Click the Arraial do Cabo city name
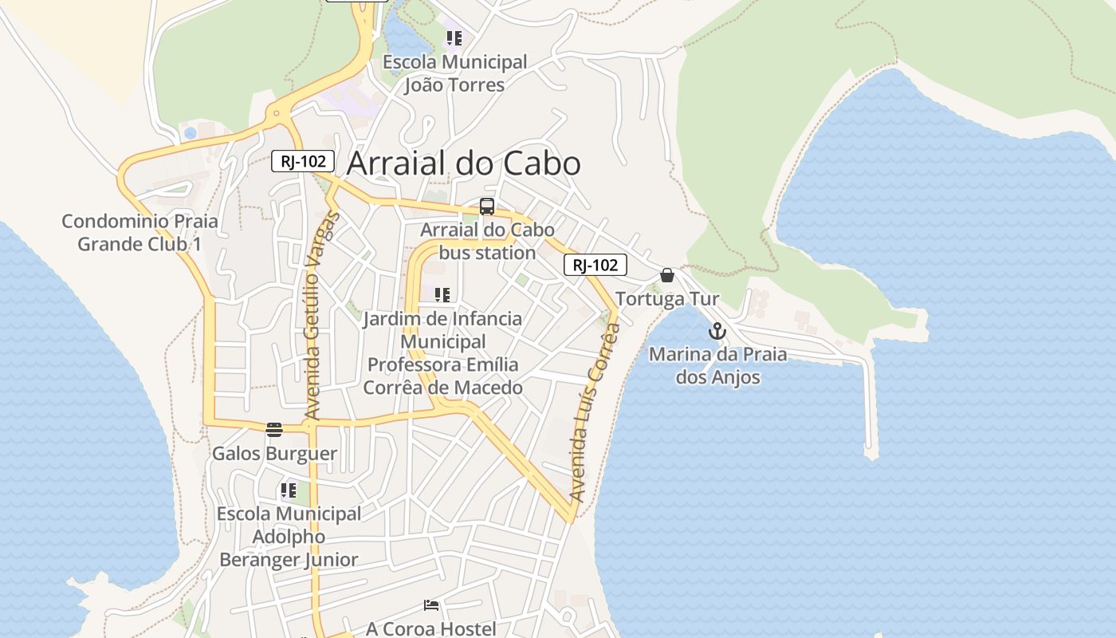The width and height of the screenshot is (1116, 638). [464, 163]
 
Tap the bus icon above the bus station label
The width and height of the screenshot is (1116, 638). [487, 207]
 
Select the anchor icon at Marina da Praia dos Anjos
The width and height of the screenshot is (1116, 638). [717, 331]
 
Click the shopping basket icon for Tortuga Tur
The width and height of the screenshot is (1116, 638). [667, 275]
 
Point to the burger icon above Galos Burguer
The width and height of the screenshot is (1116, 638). [274, 430]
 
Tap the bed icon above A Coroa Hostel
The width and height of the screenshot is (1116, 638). [431, 605]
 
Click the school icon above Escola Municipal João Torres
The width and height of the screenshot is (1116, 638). [454, 38]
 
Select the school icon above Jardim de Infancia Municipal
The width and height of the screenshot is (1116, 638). [442, 295]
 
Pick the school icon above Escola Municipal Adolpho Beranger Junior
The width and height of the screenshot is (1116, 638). [289, 490]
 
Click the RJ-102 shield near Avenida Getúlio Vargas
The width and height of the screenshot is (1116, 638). [303, 161]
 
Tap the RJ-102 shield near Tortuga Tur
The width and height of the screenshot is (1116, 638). [595, 265]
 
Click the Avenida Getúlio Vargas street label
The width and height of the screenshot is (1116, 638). [322, 316]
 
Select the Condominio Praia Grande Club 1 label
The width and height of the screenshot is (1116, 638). [139, 232]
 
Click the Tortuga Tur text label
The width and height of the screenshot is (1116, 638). [667, 299]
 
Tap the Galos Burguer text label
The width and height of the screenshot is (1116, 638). [274, 454]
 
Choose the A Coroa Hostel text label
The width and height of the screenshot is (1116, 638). [431, 628]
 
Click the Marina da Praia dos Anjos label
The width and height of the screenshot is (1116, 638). [717, 365]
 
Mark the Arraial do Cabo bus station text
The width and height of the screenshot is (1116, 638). [487, 241]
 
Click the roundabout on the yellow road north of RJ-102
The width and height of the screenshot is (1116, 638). [277, 113]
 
